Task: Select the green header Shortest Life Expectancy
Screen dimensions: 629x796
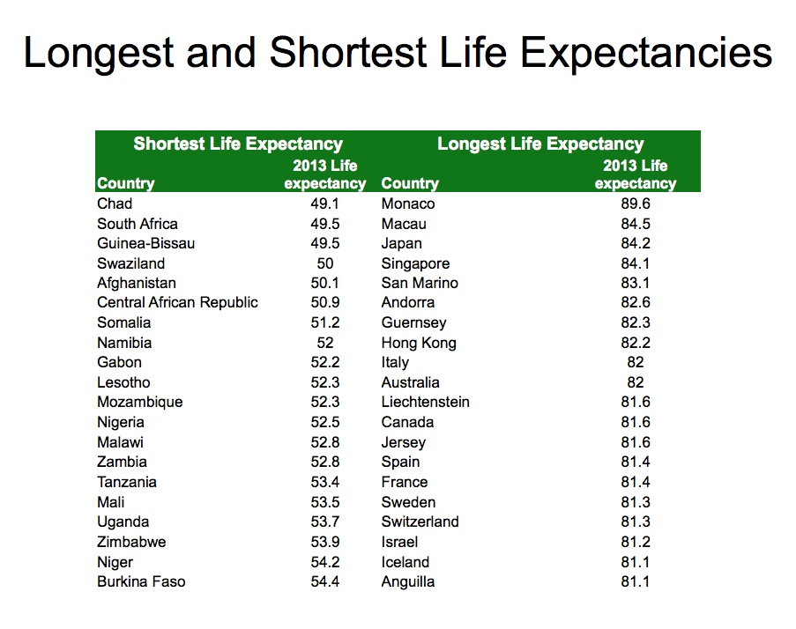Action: pyautogui.click(x=237, y=144)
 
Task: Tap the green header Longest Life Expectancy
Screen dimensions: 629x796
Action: pyautogui.click(x=540, y=144)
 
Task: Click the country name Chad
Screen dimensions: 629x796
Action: pyautogui.click(x=115, y=204)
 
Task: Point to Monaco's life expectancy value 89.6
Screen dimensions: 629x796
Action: pyautogui.click(x=635, y=204)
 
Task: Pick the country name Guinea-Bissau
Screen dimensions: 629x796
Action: pyautogui.click(x=145, y=243)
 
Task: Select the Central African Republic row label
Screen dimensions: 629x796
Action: pyautogui.click(x=177, y=303)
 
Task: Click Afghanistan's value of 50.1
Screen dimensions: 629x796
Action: pyautogui.click(x=324, y=284)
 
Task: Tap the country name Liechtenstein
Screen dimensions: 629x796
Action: pyautogui.click(x=425, y=403)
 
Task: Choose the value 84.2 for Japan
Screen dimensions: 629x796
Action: pyautogui.click(x=635, y=244)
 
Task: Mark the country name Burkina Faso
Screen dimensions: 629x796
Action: pyautogui.click(x=141, y=581)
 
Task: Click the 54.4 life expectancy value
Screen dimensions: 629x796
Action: pyautogui.click(x=324, y=581)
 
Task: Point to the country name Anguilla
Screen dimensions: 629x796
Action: pyautogui.click(x=407, y=581)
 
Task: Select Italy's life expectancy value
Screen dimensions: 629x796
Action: pyautogui.click(x=635, y=363)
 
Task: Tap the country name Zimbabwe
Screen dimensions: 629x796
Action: pyautogui.click(x=131, y=542)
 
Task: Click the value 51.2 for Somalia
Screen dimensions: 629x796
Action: pyautogui.click(x=324, y=323)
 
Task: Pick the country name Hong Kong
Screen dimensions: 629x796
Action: pyautogui.click(x=419, y=343)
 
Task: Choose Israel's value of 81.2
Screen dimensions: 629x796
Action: pyautogui.click(x=635, y=542)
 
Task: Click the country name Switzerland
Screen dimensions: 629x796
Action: pyautogui.click(x=420, y=522)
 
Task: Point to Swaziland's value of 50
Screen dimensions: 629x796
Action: pyautogui.click(x=324, y=263)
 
